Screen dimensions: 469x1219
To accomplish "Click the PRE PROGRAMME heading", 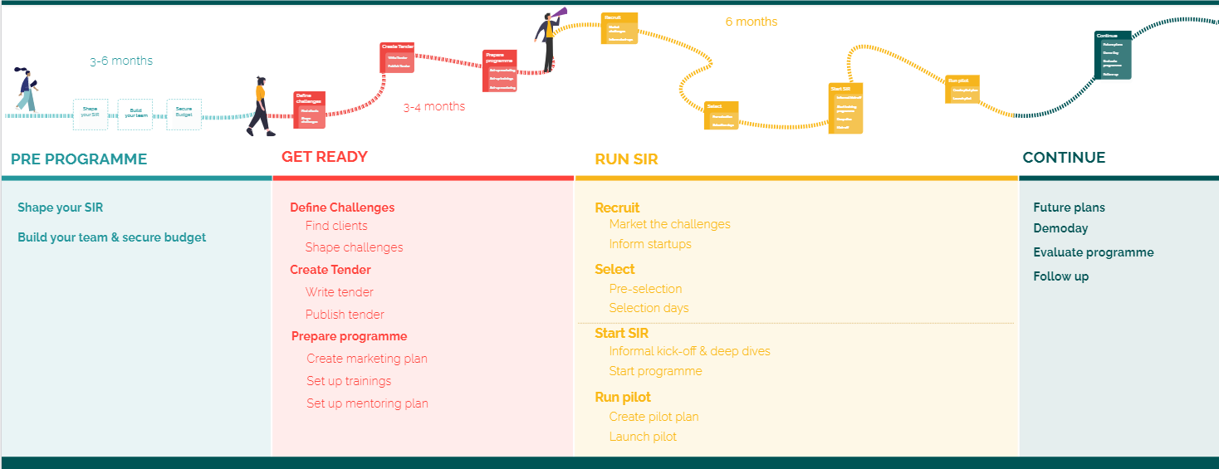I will coord(79,159).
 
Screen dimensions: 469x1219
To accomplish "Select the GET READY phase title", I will coord(325,157).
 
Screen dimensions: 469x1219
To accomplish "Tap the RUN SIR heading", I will coord(626,159).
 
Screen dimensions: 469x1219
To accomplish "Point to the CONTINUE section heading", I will coord(1064,158).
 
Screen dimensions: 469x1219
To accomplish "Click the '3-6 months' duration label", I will coord(121,61).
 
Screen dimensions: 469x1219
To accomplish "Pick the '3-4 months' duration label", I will coord(434,106).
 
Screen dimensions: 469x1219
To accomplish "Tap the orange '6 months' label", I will coord(751,22).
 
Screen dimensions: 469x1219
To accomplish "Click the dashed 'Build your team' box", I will coord(135,114).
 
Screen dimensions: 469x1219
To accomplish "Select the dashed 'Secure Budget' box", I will coord(184,114).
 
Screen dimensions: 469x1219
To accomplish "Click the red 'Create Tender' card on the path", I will coord(397,57).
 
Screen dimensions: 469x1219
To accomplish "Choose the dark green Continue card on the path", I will coord(1113,55).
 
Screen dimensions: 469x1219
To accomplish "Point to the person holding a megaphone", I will coord(549,38).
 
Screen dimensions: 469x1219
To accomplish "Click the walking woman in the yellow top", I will coord(260,106).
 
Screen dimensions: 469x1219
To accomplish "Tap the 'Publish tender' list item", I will coord(345,315).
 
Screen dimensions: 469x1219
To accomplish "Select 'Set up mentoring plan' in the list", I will coord(367,403).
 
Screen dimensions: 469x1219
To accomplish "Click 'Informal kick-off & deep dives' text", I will coord(689,351).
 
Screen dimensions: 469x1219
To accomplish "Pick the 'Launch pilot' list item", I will coord(643,437).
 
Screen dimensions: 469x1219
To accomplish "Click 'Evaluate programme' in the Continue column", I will coord(1093,252).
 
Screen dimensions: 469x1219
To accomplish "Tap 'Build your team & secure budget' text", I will coord(111,237).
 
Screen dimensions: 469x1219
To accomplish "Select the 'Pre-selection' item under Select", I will coord(645,289).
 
